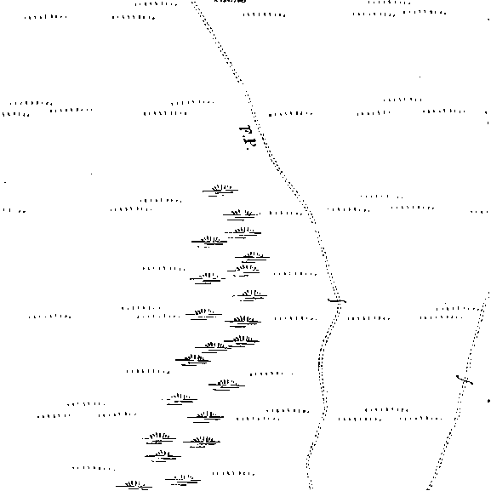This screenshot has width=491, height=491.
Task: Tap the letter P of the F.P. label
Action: [250, 143]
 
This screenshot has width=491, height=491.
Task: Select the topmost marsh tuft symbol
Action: [220, 191]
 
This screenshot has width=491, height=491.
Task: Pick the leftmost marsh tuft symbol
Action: [134, 486]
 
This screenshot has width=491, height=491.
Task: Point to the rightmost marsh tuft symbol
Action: [253, 257]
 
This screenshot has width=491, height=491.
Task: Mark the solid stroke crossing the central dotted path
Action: [337, 301]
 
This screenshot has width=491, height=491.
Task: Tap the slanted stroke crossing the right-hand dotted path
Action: [465, 380]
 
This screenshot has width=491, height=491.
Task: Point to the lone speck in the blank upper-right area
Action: [420, 77]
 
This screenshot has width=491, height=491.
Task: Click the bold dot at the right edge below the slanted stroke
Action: [488, 401]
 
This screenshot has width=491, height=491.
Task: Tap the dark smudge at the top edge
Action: [230, 1]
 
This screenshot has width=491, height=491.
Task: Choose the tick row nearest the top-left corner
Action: [46, 17]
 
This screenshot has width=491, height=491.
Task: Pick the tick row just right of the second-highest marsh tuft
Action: [286, 214]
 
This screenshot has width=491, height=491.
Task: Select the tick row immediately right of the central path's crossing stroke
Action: [368, 319]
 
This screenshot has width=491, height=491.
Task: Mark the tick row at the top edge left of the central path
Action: [156, 4]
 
